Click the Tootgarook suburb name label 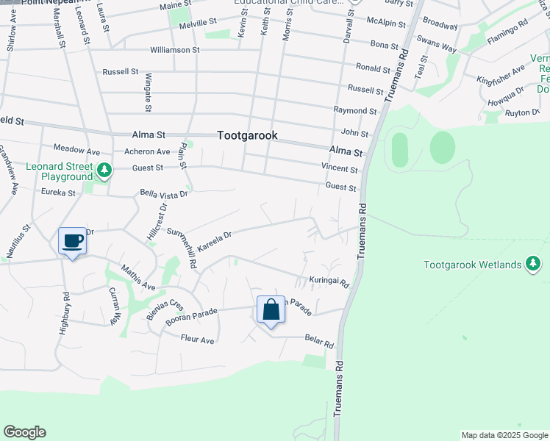point(247,136)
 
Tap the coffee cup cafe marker point(72,241)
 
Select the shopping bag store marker point(271,310)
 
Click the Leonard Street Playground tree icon point(104,171)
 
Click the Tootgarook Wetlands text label point(474,265)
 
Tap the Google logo point(24,432)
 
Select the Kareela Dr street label point(214,240)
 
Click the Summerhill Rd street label point(182,247)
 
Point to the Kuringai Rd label point(328,282)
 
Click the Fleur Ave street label point(198,340)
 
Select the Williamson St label point(174,50)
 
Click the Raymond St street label point(354,111)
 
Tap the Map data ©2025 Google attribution point(504,435)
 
